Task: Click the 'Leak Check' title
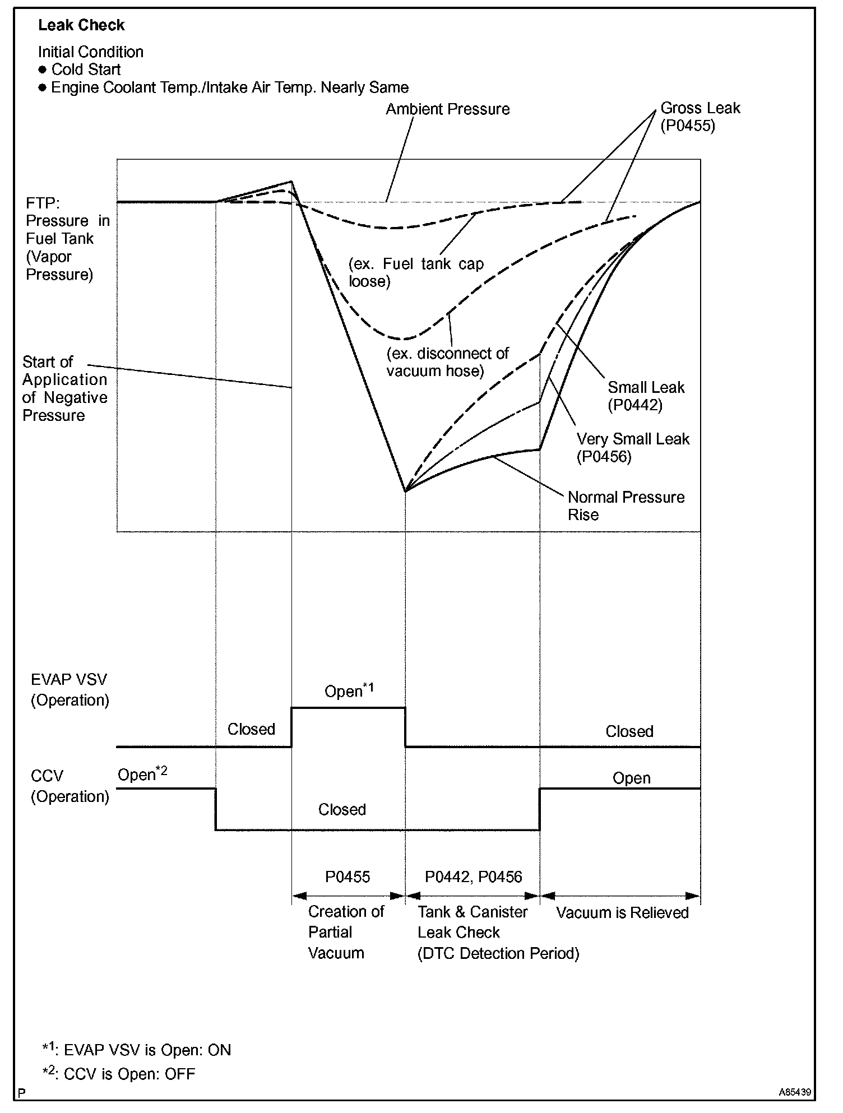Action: (81, 25)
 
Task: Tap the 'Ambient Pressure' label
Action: (447, 109)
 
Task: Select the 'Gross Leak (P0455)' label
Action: (700, 116)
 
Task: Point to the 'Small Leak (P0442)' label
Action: (646, 396)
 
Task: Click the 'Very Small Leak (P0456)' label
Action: (632, 447)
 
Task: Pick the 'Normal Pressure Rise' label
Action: (626, 506)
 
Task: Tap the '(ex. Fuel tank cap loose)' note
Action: (416, 272)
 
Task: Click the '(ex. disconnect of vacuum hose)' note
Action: (447, 362)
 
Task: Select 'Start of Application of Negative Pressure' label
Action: (64, 388)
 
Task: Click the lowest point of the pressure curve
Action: (405, 491)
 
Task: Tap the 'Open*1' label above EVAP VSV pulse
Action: (349, 690)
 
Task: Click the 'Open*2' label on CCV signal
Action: (142, 774)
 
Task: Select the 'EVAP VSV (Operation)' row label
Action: (70, 690)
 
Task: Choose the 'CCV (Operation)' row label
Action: (70, 786)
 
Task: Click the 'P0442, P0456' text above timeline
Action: (473, 877)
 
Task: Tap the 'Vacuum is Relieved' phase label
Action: (622, 913)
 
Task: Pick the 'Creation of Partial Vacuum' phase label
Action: (345, 932)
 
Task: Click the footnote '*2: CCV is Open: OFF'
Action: (119, 1073)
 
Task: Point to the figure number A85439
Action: (794, 1092)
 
